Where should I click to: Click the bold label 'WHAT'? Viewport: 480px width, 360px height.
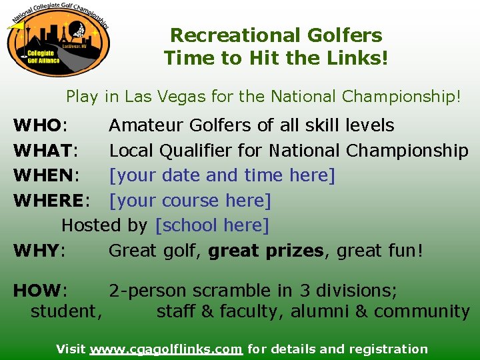pyautogui.click(x=43, y=151)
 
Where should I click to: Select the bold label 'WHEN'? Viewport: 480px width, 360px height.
pyautogui.click(x=44, y=176)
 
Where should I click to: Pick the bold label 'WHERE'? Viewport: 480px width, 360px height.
pyautogui.click(x=49, y=201)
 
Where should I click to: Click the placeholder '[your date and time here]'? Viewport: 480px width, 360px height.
pyautogui.click(x=222, y=176)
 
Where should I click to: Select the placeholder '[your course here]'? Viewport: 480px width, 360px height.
pyautogui.click(x=190, y=201)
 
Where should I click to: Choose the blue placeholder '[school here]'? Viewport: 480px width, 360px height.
pyautogui.click(x=211, y=226)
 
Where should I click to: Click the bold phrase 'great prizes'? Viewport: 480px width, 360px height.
pyautogui.click(x=265, y=251)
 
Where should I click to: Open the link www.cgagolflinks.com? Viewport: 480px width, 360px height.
pyautogui.click(x=166, y=349)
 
